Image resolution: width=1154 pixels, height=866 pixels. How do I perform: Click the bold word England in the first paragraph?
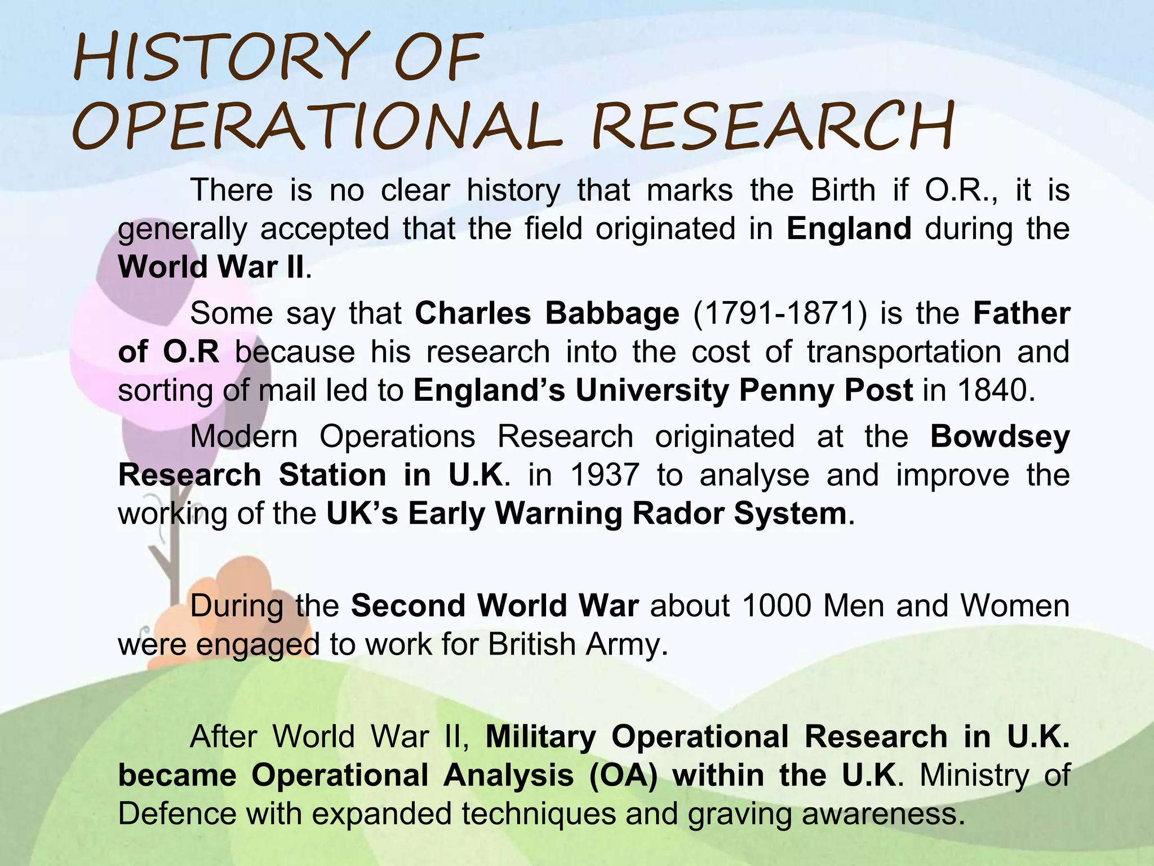(849, 229)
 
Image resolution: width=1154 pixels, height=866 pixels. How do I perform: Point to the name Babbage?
(612, 313)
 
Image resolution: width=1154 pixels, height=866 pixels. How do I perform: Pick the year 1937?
(605, 475)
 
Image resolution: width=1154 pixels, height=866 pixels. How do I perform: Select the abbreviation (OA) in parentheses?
(623, 775)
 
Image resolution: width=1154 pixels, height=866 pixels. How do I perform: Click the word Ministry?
(974, 775)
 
